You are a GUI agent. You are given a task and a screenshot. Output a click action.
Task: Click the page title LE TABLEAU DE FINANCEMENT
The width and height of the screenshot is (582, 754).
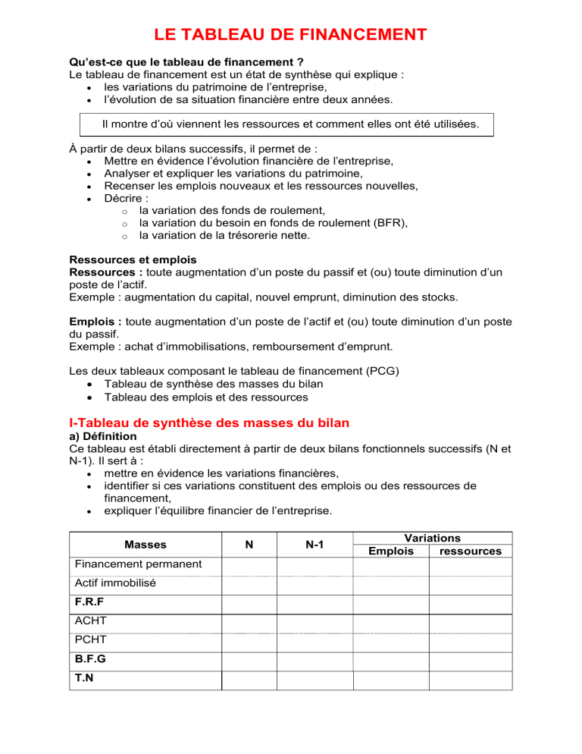pyautogui.click(x=290, y=35)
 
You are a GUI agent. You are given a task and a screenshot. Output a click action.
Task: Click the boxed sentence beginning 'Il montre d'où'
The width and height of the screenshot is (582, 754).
pyautogui.click(x=290, y=123)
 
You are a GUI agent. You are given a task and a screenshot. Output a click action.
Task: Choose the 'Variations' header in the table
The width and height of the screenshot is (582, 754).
pyautogui.click(x=432, y=537)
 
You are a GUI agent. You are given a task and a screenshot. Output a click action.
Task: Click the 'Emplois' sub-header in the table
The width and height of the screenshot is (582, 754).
pyautogui.click(x=391, y=551)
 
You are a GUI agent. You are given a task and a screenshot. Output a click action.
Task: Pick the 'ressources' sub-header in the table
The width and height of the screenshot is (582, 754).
pyautogui.click(x=470, y=551)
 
